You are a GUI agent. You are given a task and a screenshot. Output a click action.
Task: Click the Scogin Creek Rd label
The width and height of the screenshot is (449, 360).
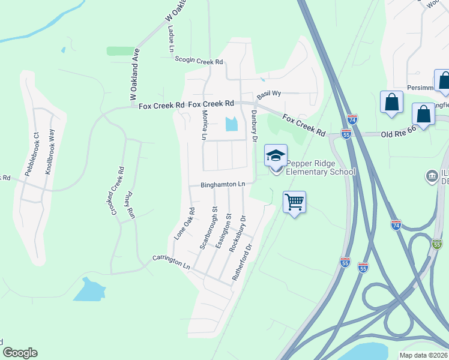(x=199, y=61)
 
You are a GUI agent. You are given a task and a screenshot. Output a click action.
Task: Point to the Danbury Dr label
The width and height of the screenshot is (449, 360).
(x=254, y=125)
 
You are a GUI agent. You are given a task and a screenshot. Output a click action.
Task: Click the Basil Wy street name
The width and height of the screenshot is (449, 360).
(x=269, y=95)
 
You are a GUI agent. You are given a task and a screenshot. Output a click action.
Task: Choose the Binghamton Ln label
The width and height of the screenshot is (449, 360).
(x=223, y=184)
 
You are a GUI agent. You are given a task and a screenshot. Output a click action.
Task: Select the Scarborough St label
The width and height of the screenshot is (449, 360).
(x=208, y=229)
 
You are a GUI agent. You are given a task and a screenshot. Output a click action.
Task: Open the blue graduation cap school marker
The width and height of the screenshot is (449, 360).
(x=276, y=156)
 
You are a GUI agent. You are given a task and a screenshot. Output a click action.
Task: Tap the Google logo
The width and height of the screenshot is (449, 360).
(x=20, y=353)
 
